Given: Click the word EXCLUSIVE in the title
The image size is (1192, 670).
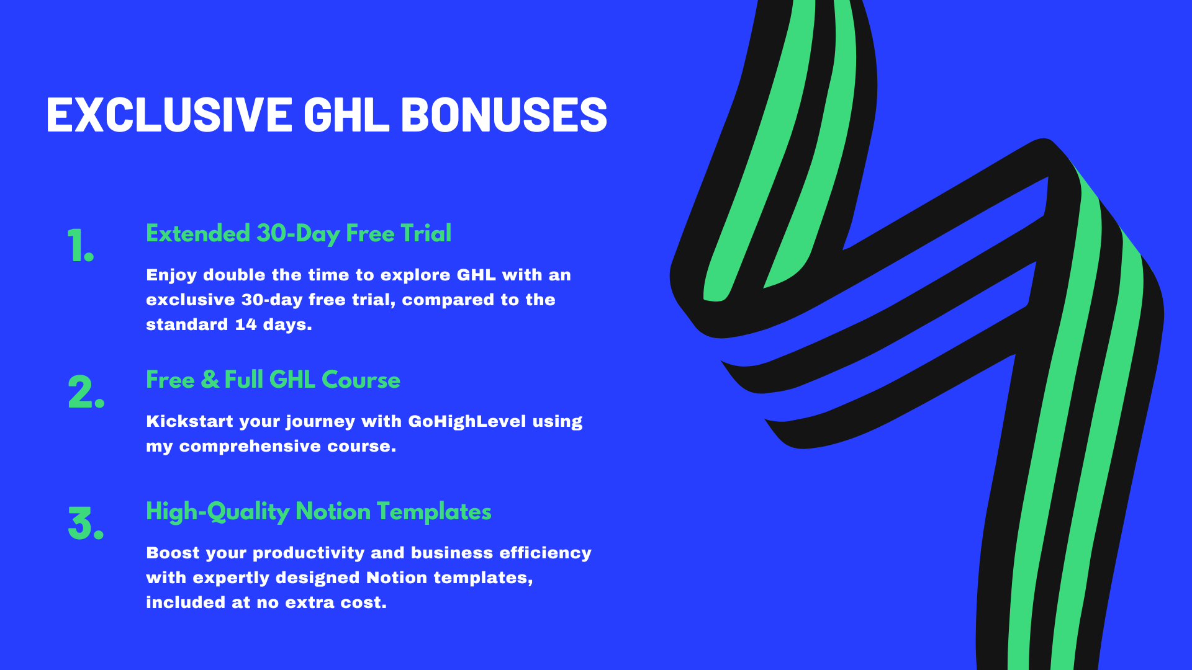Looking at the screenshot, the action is (169, 115).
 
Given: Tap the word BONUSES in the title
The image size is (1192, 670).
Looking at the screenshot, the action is (504, 115).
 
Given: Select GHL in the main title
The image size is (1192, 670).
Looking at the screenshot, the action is (346, 115).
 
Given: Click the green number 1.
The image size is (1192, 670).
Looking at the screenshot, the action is (81, 246).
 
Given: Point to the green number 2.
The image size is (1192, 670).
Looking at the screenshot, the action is (86, 392).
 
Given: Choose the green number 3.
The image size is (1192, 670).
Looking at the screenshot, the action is (86, 524).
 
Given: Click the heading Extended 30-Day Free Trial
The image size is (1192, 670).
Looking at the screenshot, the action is (299, 234).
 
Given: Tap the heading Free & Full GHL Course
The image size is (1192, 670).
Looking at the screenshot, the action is (273, 380).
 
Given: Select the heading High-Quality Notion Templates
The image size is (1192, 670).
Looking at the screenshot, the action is (318, 512).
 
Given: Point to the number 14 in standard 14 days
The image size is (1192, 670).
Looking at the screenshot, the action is (246, 324).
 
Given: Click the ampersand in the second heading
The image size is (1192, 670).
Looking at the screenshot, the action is (210, 380).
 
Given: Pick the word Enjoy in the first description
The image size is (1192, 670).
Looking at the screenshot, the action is (171, 275).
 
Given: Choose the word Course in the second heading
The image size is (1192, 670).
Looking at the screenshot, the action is (361, 380).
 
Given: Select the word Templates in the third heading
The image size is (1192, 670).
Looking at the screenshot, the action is (434, 512).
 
